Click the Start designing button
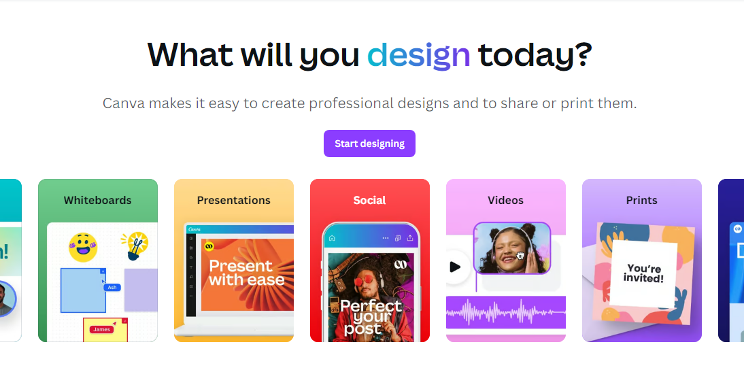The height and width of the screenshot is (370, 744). [x=369, y=144]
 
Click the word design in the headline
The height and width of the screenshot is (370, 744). [x=419, y=54]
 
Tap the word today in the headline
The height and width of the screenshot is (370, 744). [x=535, y=54]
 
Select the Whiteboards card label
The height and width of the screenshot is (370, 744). [x=97, y=200]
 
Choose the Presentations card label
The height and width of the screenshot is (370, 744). [x=233, y=200]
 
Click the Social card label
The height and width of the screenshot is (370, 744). [x=369, y=200]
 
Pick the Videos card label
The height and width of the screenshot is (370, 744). [x=505, y=200]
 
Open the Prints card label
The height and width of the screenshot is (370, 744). [x=641, y=200]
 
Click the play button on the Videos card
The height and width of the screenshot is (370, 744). [x=455, y=267]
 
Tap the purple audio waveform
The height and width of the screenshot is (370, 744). [x=505, y=314]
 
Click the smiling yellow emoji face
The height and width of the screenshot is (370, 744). [x=83, y=247]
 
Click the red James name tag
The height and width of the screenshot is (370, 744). [x=101, y=330]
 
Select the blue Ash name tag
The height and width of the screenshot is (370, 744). [x=112, y=287]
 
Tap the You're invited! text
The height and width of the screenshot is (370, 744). [x=643, y=273]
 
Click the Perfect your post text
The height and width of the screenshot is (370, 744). [x=371, y=316]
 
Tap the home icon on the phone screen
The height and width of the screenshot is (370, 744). [x=332, y=238]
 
